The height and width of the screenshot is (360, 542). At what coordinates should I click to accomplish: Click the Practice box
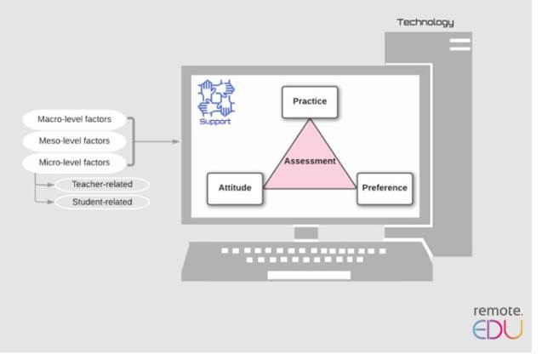(x=310, y=102)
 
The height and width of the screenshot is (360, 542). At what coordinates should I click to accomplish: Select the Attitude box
(x=235, y=188)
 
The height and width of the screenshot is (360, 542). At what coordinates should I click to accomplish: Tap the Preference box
(x=385, y=188)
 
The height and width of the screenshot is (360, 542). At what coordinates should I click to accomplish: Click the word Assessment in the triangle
(x=310, y=161)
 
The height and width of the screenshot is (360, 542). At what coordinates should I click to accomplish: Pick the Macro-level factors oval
(x=74, y=120)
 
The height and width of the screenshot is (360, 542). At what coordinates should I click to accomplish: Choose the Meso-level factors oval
(x=74, y=140)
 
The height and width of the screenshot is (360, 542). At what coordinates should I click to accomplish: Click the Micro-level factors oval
(x=74, y=162)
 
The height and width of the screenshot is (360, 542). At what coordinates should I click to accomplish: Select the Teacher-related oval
(x=102, y=184)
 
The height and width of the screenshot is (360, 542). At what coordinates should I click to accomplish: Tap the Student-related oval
(x=102, y=203)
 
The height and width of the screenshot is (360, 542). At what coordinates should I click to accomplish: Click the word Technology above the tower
(x=425, y=22)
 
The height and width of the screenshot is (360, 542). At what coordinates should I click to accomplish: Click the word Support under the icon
(x=214, y=122)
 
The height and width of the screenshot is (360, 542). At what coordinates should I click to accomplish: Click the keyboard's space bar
(x=297, y=275)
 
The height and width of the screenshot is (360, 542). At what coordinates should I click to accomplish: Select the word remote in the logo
(x=498, y=311)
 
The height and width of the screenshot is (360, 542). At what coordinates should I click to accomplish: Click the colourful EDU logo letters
(x=498, y=330)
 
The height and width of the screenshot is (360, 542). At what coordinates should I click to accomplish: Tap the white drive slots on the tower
(x=459, y=43)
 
